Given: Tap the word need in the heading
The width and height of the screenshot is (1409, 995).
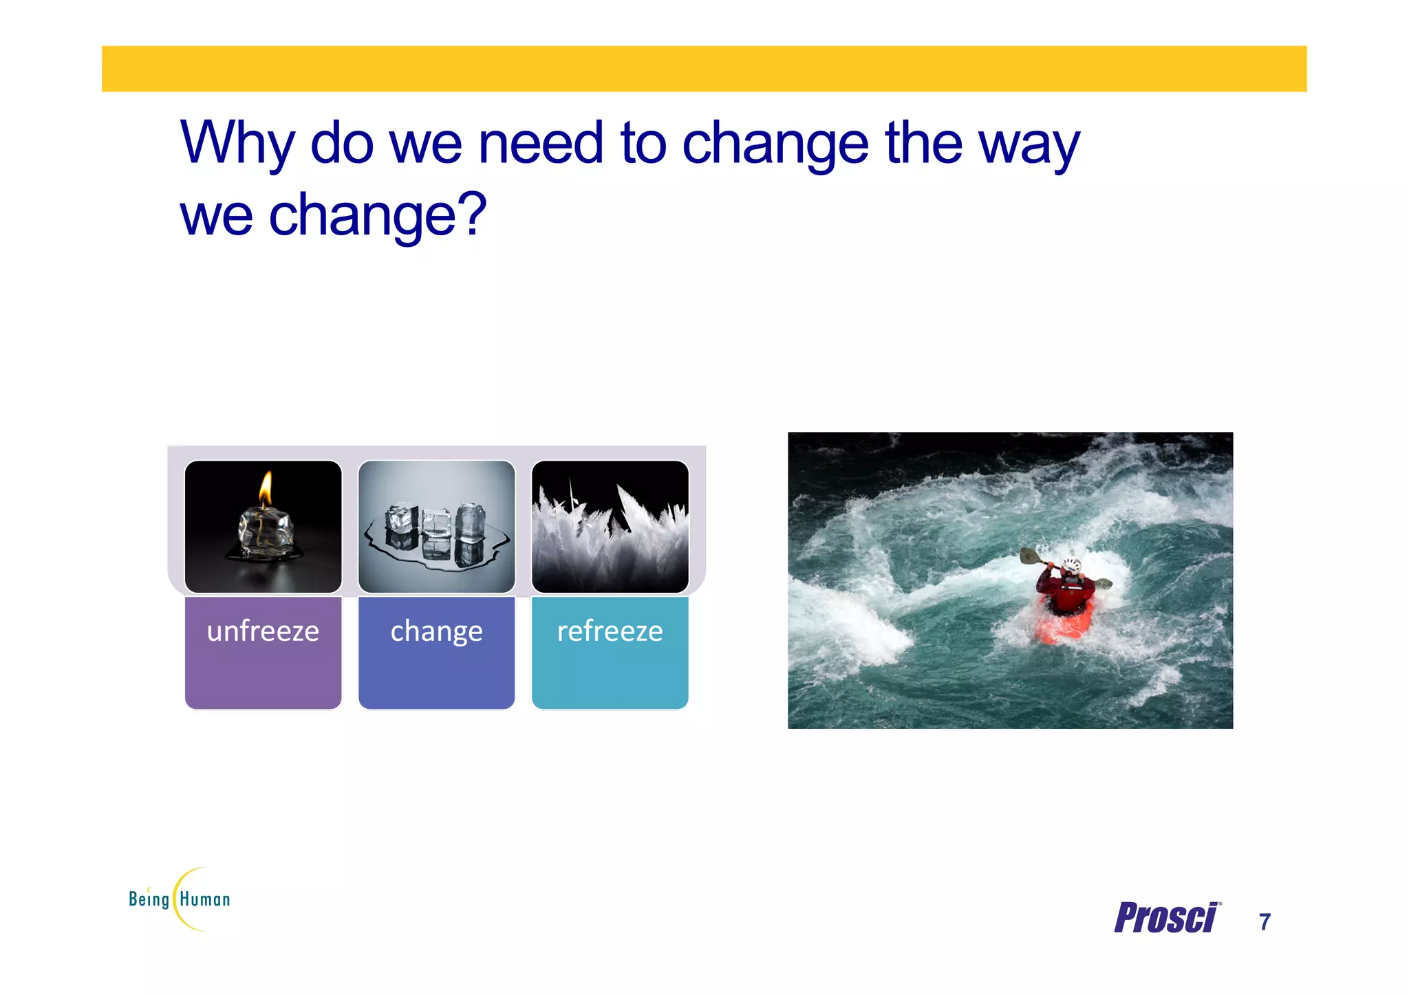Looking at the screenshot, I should pyautogui.click(x=540, y=143).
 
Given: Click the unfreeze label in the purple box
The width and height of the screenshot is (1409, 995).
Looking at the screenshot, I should pyautogui.click(x=263, y=631).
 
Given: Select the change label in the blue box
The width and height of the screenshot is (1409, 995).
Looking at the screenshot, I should pyautogui.click(x=436, y=631).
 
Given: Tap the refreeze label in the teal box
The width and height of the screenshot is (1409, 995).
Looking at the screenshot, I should pyautogui.click(x=610, y=631).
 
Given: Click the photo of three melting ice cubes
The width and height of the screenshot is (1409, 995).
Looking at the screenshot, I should pyautogui.click(x=436, y=527).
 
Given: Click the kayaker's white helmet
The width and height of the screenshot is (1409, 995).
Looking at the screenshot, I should pyautogui.click(x=1072, y=566).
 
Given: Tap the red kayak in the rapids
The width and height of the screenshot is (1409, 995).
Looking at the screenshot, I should pyautogui.click(x=1066, y=623).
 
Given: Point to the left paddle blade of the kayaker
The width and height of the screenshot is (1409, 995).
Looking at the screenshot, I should pyautogui.click(x=1029, y=555).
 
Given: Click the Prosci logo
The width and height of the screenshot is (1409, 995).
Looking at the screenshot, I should pyautogui.click(x=1165, y=918).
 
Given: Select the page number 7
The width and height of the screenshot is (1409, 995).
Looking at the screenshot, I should pyautogui.click(x=1265, y=921).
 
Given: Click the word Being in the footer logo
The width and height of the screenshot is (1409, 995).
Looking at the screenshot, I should pyautogui.click(x=149, y=899).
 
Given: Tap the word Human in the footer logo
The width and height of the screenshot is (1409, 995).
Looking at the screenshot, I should pyautogui.click(x=205, y=899).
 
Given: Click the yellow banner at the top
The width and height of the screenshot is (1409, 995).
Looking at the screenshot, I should pyautogui.click(x=704, y=69).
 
